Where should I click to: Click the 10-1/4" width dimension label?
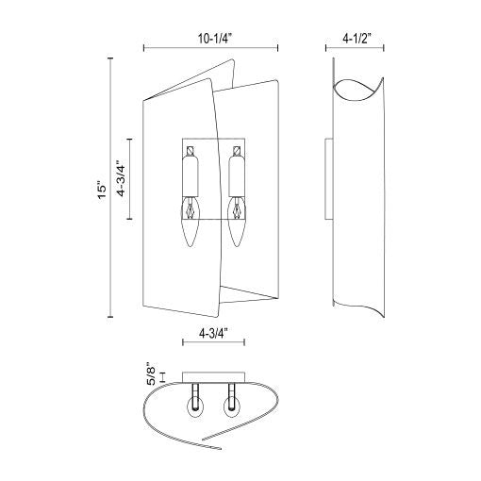pyautogui.click(x=215, y=39)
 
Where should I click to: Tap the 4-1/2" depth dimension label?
pyautogui.click(x=357, y=39)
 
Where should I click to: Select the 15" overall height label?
pyautogui.click(x=102, y=190)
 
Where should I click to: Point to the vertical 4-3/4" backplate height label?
pyautogui.click(x=122, y=178)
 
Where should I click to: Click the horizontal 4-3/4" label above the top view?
pyautogui.click(x=213, y=333)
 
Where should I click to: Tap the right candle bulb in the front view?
pyautogui.click(x=236, y=221)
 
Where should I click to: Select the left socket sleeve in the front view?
pyautogui.click(x=191, y=175)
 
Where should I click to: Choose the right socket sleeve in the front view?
pyautogui.click(x=237, y=175)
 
